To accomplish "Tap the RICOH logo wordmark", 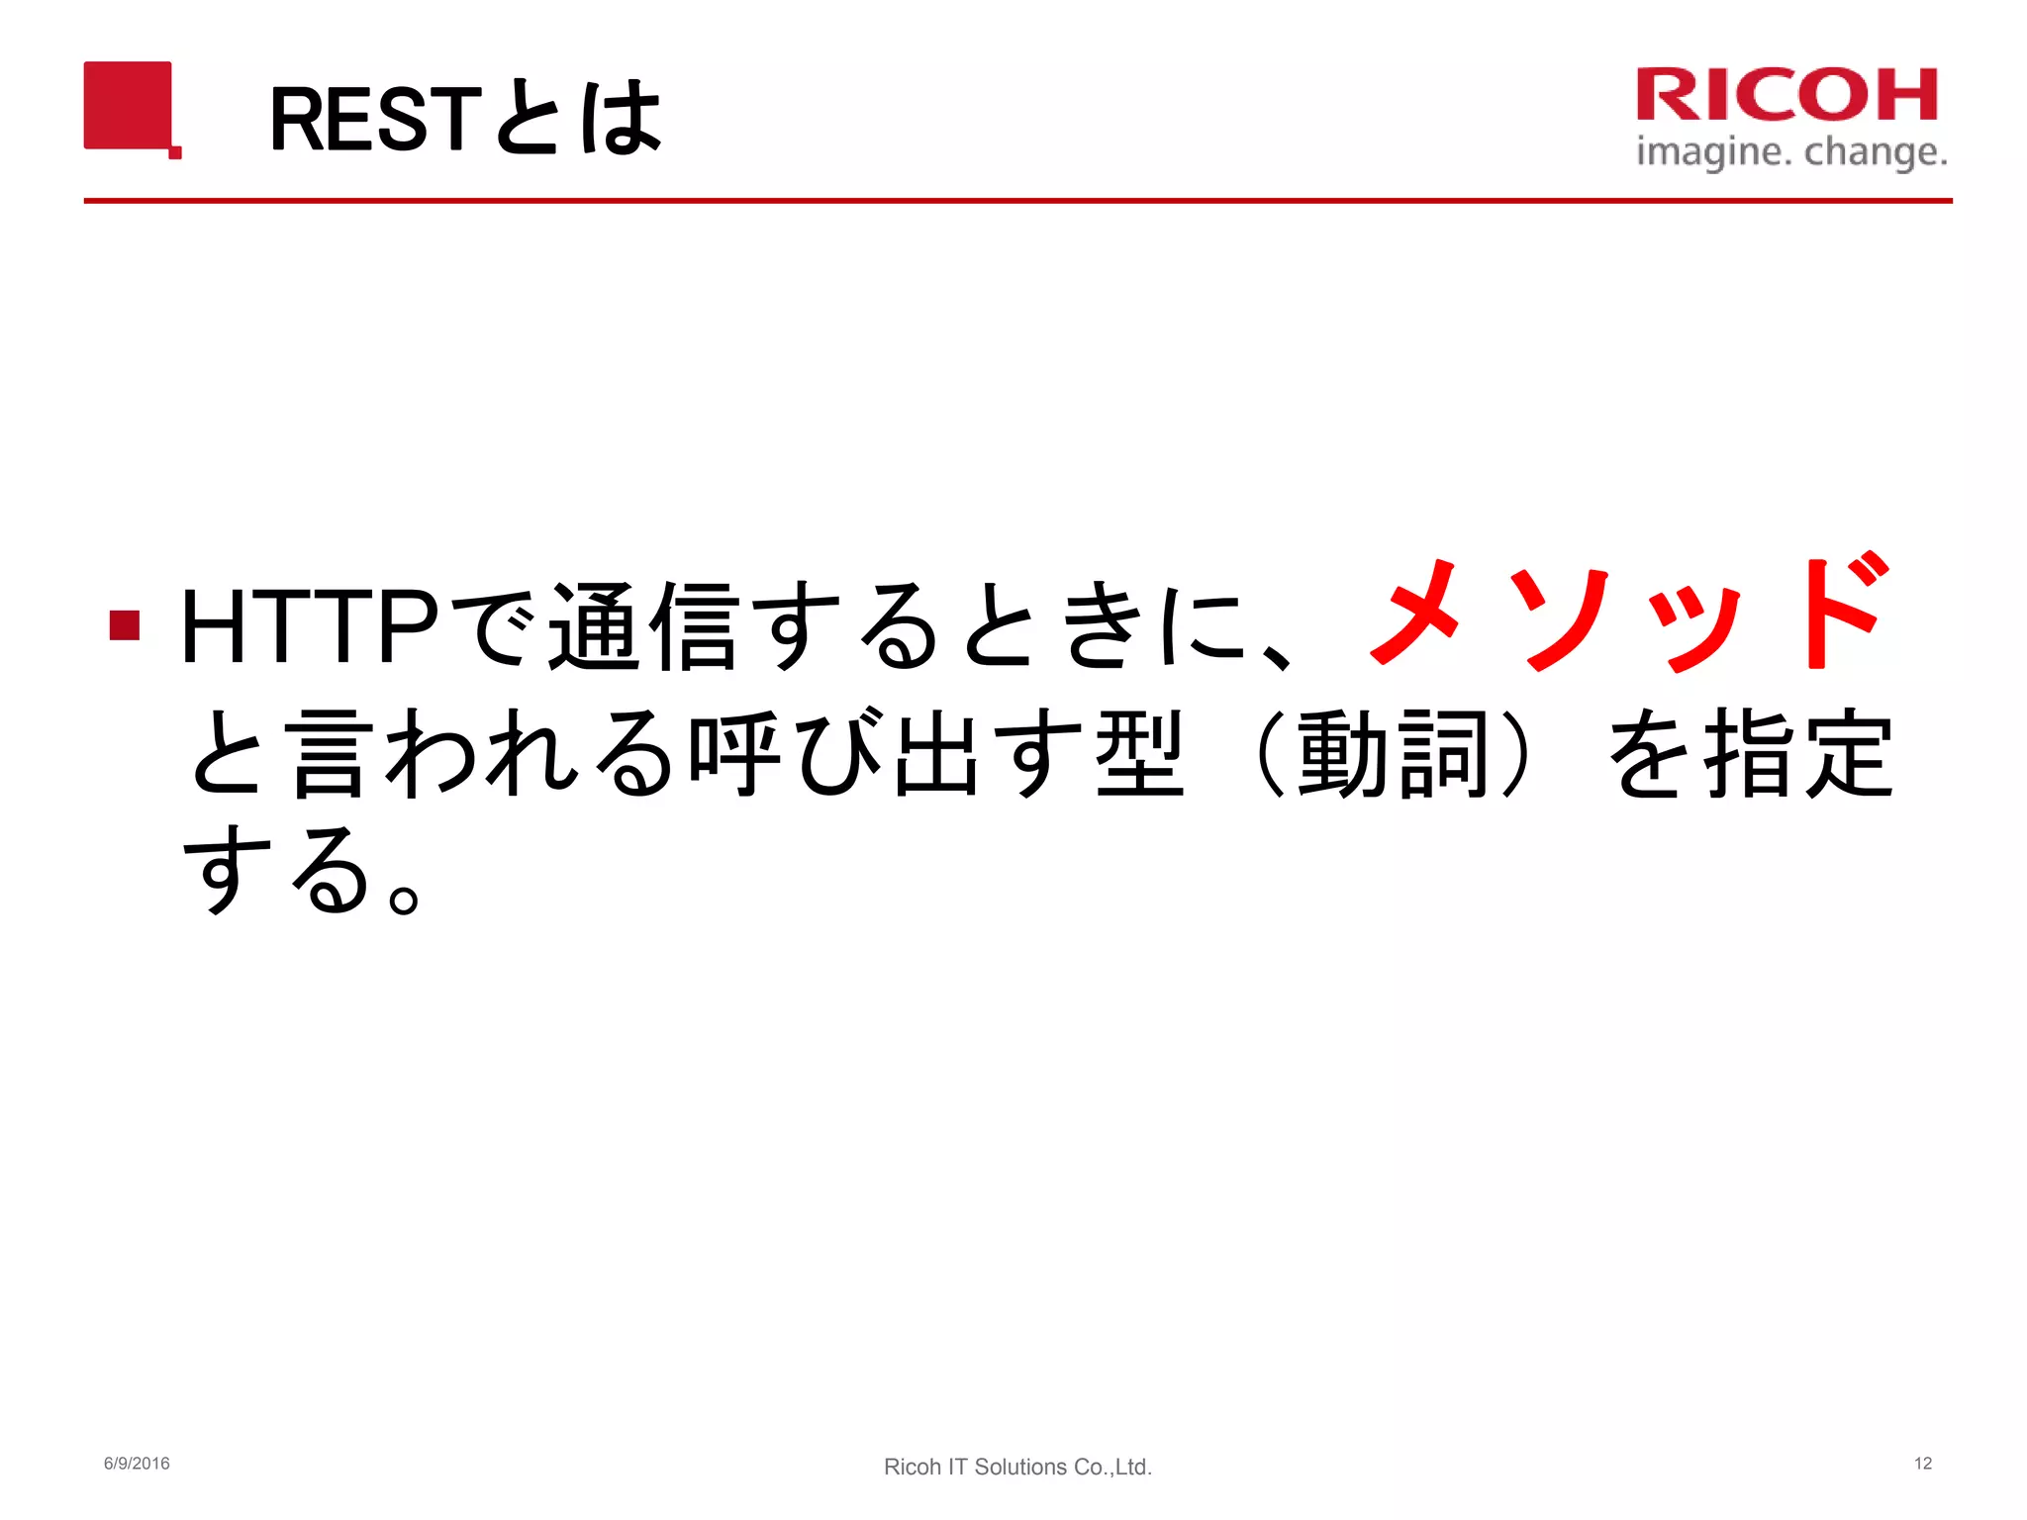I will tap(1786, 95).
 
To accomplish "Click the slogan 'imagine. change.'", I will tap(1791, 152).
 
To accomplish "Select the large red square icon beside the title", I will tap(129, 106).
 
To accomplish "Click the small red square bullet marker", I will tap(125, 625).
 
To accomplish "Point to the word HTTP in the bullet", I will tap(310, 625).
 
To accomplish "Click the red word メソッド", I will tap(1628, 616).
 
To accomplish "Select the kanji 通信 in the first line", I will tap(644, 625).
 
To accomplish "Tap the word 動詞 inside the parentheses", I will tap(1394, 754).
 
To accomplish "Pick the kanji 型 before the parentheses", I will tap(1139, 754).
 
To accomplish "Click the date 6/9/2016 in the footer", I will tap(137, 1464).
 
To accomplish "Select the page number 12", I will tap(1922, 1464).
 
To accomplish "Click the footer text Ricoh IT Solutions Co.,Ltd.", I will tap(1017, 1467).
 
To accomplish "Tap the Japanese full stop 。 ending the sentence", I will tap(404, 897).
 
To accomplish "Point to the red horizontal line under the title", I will tap(1017, 201).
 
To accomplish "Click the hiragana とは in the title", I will tap(577, 120).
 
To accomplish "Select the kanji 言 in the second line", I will tap(333, 754).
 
